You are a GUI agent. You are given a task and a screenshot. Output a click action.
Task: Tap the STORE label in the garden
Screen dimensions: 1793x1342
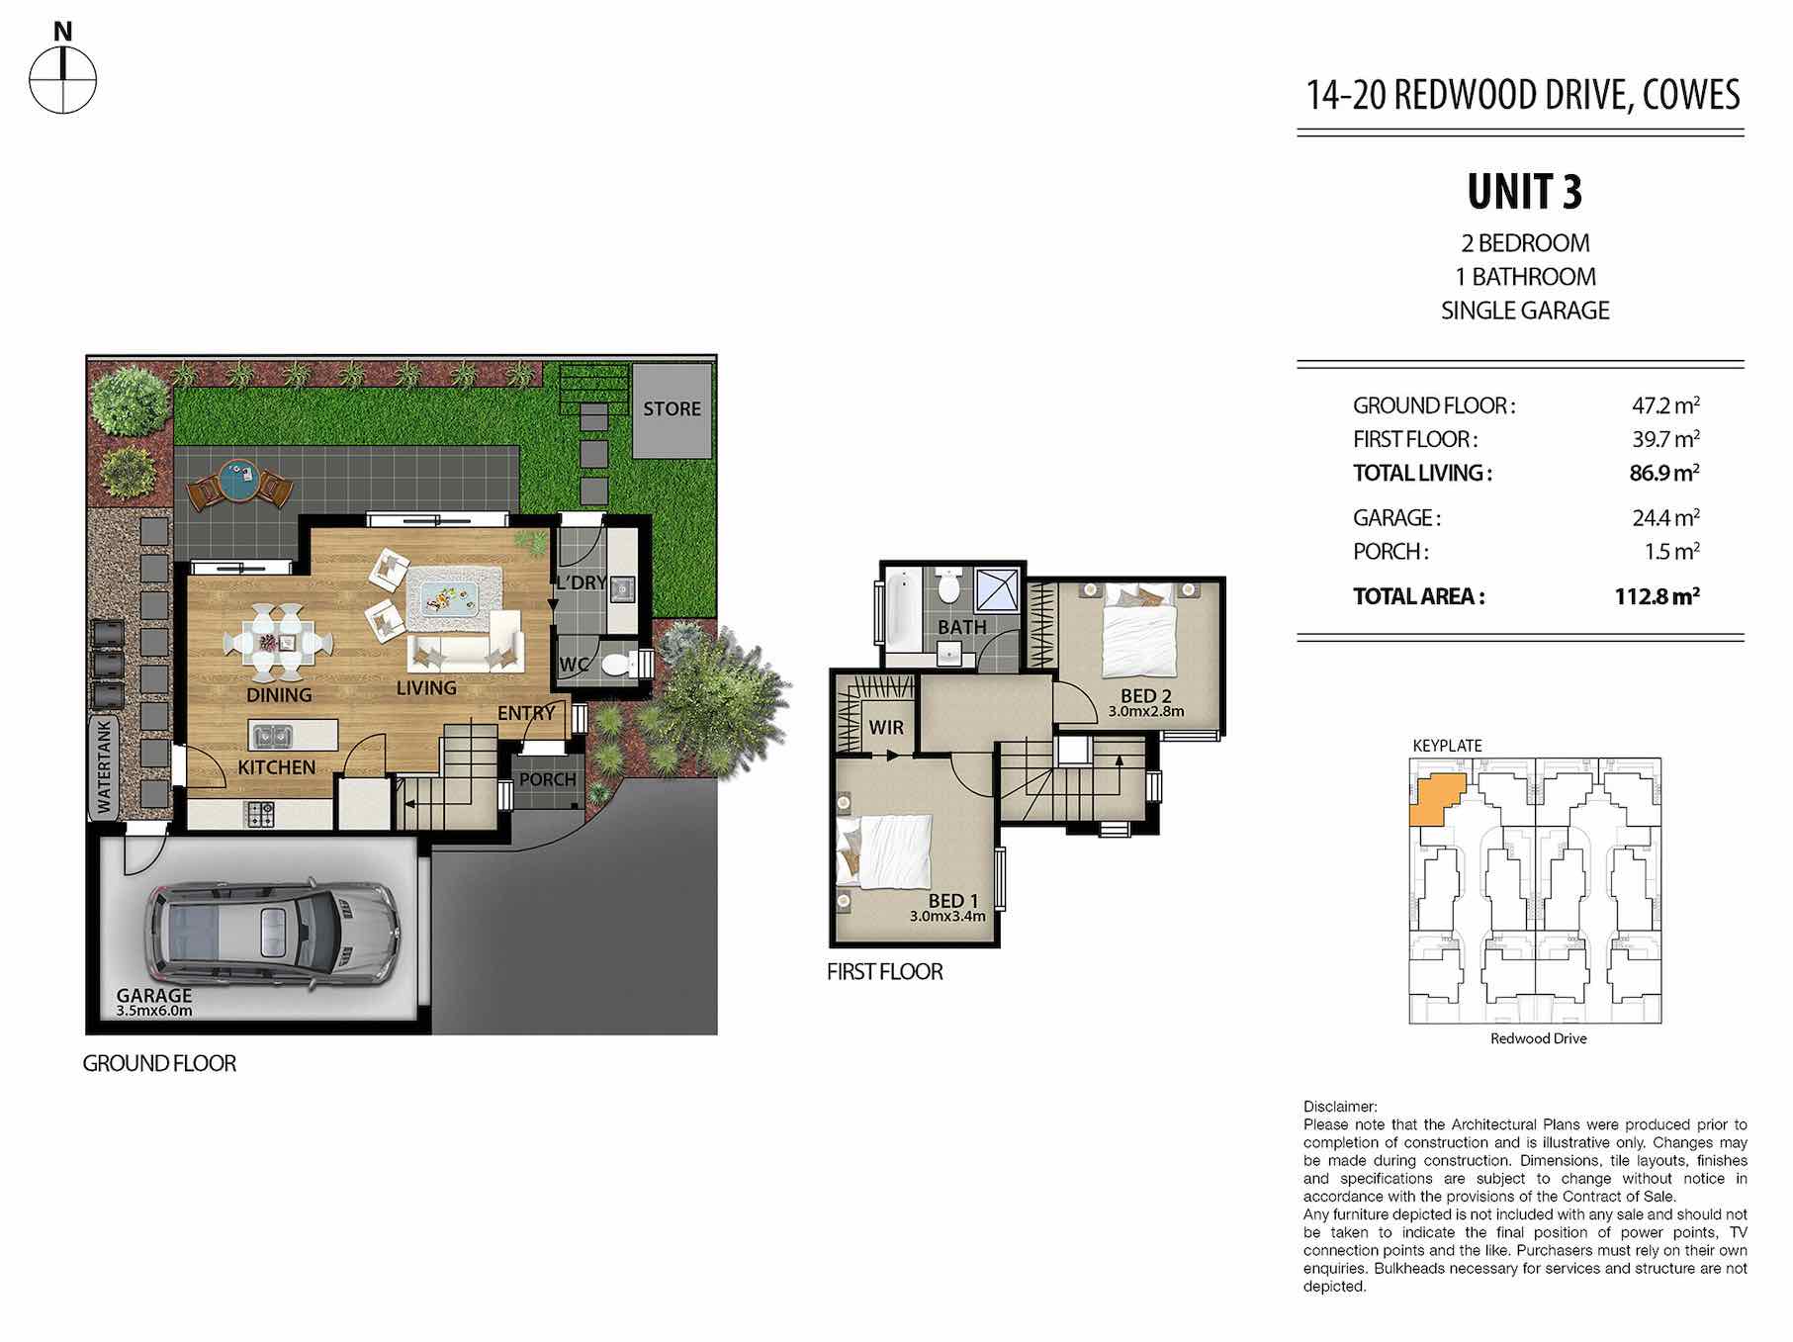coord(672,408)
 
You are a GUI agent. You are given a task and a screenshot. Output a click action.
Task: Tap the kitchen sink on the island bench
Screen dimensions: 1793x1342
coord(271,737)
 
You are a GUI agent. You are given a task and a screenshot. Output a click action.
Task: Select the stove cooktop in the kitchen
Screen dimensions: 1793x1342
coord(260,814)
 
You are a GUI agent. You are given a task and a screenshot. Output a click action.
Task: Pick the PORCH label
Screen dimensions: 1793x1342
coord(547,780)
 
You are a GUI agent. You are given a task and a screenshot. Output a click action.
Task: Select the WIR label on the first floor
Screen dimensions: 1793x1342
coord(886,728)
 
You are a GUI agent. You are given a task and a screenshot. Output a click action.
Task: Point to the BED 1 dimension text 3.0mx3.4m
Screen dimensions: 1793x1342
coord(947,917)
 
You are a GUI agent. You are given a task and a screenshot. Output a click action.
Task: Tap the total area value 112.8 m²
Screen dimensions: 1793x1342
coord(1657,596)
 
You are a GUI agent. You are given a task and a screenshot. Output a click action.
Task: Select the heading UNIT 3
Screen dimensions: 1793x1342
coord(1524,192)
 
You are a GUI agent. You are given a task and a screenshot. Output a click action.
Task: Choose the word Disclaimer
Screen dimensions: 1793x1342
coord(1340,1107)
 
